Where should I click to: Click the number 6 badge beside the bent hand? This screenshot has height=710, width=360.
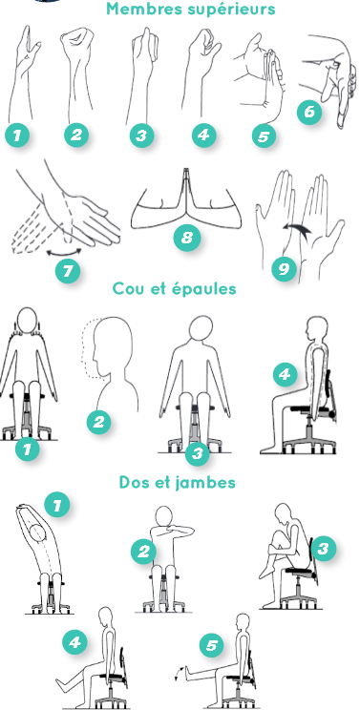click(309, 112)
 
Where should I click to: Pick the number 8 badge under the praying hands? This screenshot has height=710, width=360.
click(187, 238)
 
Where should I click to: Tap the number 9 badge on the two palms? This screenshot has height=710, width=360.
click(284, 269)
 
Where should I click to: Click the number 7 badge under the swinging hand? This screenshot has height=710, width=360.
click(68, 271)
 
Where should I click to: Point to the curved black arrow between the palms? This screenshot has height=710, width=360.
click(297, 231)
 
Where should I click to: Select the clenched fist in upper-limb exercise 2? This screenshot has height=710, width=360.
click(76, 44)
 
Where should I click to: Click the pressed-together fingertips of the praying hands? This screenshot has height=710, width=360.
click(186, 172)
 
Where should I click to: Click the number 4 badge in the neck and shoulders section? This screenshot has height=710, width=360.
click(285, 374)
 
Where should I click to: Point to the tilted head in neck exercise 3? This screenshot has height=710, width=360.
click(201, 327)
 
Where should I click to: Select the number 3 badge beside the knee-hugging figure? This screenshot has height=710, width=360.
click(323, 549)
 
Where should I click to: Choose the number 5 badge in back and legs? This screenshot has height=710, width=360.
click(211, 646)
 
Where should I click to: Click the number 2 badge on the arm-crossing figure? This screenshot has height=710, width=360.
click(143, 552)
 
